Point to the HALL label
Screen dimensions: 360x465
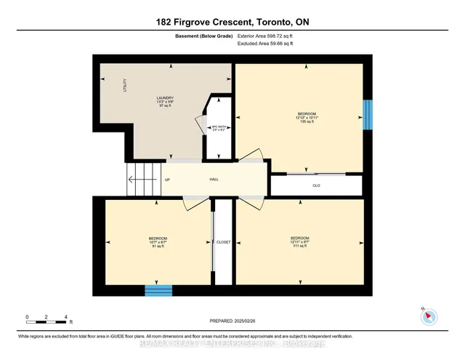pyautogui.click(x=214, y=179)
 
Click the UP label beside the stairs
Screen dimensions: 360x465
pyautogui.click(x=167, y=180)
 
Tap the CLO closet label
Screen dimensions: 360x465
pyautogui.click(x=316, y=185)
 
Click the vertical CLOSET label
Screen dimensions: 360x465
pyautogui.click(x=223, y=242)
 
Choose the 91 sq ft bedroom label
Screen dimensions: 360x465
pyautogui.click(x=158, y=242)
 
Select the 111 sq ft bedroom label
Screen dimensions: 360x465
pyautogui.click(x=299, y=241)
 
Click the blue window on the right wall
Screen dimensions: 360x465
pyautogui.click(x=367, y=113)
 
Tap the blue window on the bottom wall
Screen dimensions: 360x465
pyautogui.click(x=158, y=291)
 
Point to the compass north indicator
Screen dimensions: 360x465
pyautogui.click(x=429, y=316)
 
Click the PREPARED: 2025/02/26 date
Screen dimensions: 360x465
pyautogui.click(x=232, y=318)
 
